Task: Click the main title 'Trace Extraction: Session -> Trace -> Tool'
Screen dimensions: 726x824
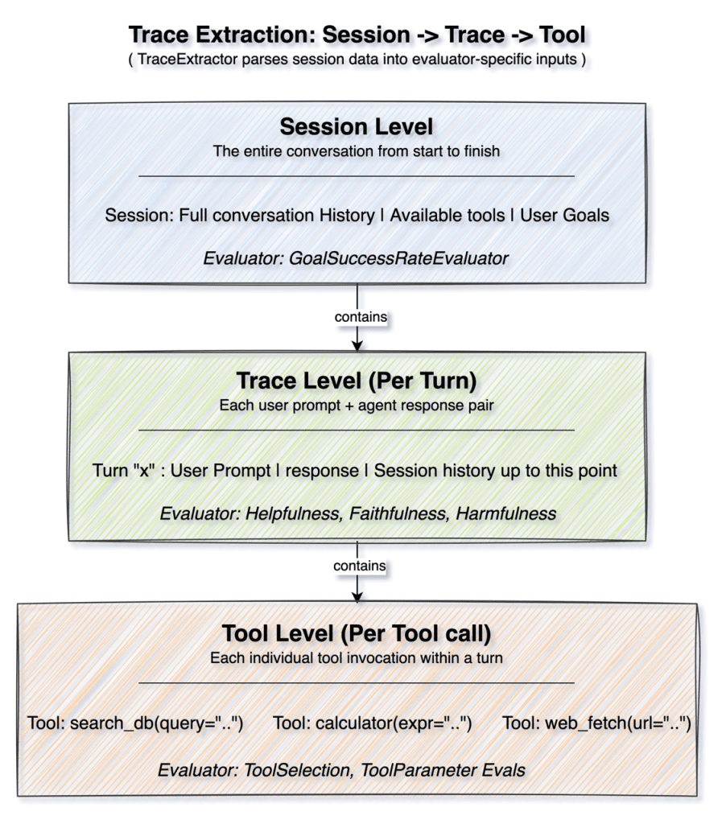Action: click(x=357, y=35)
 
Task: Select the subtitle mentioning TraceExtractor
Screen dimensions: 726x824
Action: click(x=357, y=59)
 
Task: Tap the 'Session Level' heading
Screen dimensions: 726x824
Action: click(x=357, y=126)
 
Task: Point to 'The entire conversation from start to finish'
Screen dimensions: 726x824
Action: click(x=357, y=151)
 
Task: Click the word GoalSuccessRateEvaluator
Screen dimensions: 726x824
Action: click(x=398, y=258)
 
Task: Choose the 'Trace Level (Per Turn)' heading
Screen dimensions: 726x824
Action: click(x=357, y=381)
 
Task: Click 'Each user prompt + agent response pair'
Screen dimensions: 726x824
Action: click(x=357, y=406)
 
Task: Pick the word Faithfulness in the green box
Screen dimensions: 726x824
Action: click(x=397, y=513)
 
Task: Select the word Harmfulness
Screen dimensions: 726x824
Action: click(x=505, y=513)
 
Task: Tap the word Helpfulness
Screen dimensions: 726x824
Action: click(x=292, y=513)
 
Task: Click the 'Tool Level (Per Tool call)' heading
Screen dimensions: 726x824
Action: click(x=357, y=634)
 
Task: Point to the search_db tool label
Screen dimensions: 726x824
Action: click(x=136, y=723)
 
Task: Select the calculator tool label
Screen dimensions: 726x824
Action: click(x=372, y=723)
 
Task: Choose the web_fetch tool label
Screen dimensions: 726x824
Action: click(x=596, y=723)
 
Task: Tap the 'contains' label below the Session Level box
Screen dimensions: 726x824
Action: click(x=361, y=317)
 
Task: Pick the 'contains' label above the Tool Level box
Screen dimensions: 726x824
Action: click(x=360, y=566)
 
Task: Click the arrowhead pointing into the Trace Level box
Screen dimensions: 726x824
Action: click(x=357, y=345)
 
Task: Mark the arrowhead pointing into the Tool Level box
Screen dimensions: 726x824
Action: click(x=357, y=597)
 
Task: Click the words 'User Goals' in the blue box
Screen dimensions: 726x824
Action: click(x=564, y=216)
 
